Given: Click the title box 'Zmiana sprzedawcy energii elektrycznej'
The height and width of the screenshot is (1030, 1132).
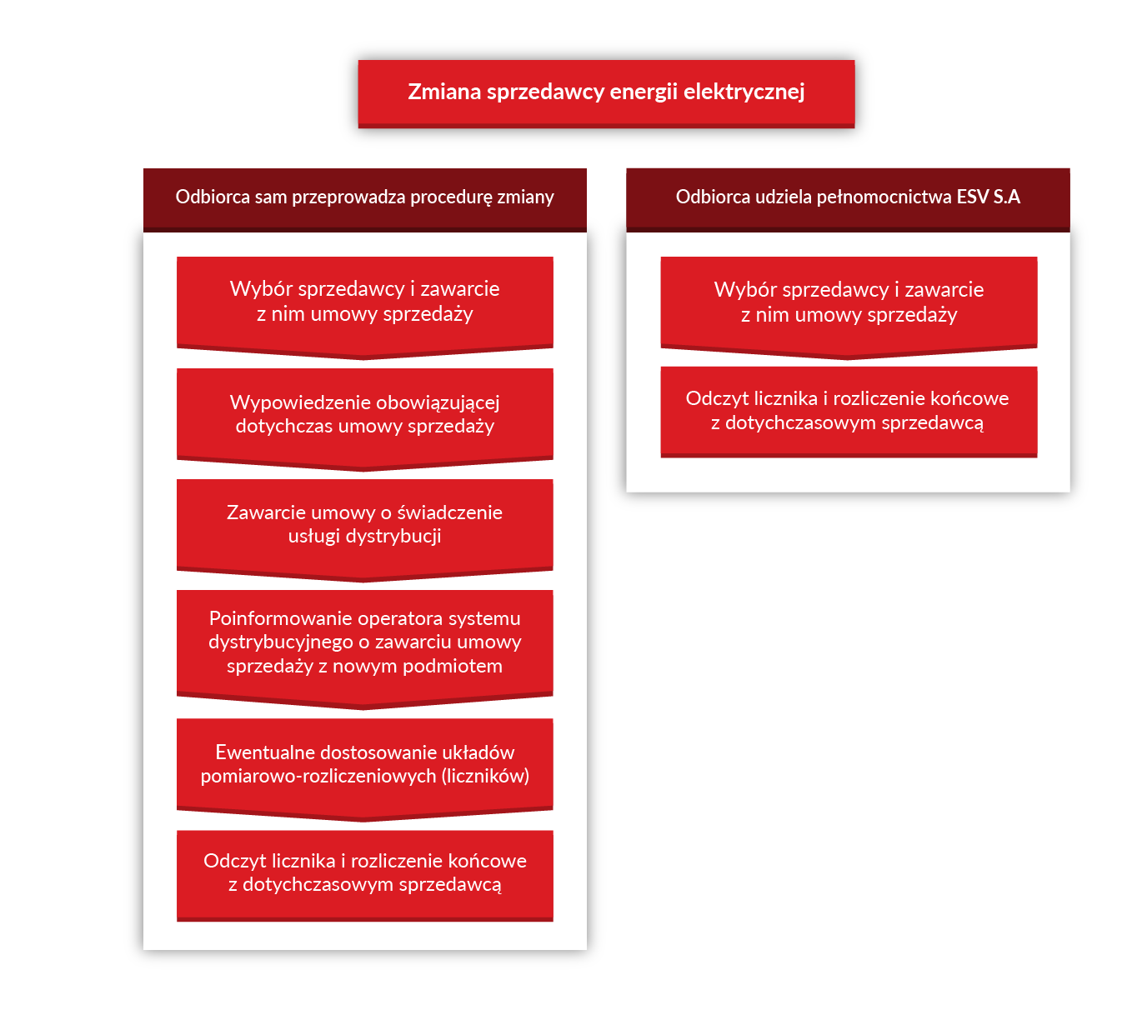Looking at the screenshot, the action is point(606,93).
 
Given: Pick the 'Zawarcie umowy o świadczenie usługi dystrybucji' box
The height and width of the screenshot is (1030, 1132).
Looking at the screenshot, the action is point(364,529).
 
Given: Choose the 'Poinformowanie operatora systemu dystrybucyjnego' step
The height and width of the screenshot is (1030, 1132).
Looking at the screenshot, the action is point(364,648).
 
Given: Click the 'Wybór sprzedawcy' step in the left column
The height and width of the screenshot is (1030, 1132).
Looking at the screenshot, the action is point(364,307).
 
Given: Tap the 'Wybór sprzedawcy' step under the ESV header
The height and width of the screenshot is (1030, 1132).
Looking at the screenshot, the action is point(849,307).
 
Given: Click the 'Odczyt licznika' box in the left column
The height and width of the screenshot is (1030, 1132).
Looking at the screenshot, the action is point(364,875).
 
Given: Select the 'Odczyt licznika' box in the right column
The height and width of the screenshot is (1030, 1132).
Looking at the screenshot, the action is point(849,412).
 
